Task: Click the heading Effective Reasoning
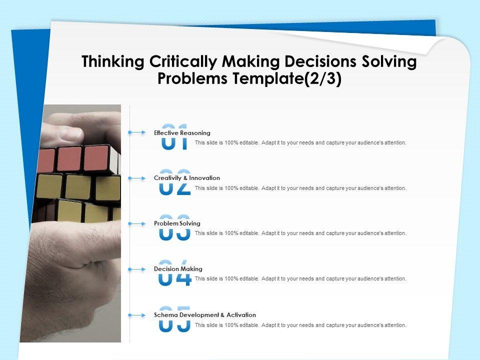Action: tap(182, 133)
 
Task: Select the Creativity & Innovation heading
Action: tap(187, 178)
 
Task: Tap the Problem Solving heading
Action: tap(177, 223)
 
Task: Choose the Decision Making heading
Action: tap(178, 269)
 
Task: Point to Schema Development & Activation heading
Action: tap(205, 314)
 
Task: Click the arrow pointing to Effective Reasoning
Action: tap(137, 132)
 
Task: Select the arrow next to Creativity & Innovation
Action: tap(137, 178)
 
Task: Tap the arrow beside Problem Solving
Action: tap(137, 224)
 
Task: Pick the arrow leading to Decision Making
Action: tap(137, 269)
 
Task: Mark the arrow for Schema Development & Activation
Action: tap(137, 315)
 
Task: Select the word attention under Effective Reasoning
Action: tap(395, 142)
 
